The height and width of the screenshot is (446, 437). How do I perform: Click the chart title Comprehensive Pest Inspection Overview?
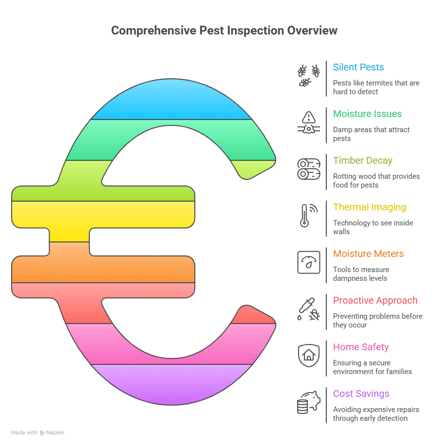224,31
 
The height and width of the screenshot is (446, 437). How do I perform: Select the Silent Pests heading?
358,67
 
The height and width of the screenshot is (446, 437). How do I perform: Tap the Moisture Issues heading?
367,114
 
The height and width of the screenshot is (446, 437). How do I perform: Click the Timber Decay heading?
362,160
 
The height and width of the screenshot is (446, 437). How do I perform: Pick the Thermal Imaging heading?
369,207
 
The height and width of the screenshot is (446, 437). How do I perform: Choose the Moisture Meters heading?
368,254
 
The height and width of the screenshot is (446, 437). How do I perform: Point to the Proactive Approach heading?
375,300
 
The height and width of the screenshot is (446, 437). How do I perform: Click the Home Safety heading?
361,347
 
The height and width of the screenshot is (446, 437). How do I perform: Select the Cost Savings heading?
361,394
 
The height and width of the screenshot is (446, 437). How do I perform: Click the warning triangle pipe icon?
309,122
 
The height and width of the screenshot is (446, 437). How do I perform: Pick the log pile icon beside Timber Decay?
309,169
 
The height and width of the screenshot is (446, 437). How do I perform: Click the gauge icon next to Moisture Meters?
309,262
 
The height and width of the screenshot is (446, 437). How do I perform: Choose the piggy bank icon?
309,402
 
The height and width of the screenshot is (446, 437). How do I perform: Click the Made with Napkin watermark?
37,432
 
